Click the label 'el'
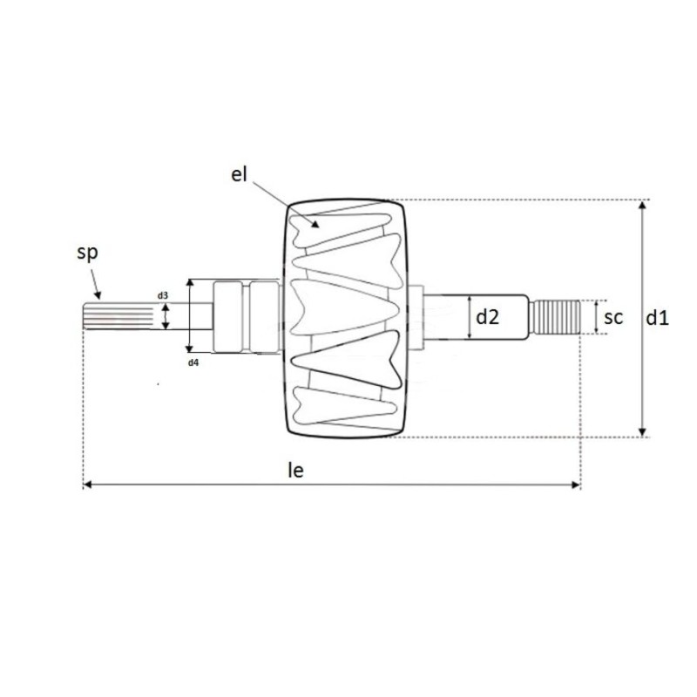pos(240,174)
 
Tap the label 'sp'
pos(87,254)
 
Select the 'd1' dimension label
pos(657,319)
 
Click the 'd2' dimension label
pos(487,318)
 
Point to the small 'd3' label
pos(163,296)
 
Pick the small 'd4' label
pos(193,361)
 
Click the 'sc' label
pos(613,318)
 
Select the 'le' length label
pos(296,470)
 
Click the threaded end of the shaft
pos(558,318)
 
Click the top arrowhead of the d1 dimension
pos(643,204)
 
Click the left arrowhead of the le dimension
pos(86,484)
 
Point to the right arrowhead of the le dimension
pos(576,484)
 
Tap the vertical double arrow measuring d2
pos(469,318)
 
